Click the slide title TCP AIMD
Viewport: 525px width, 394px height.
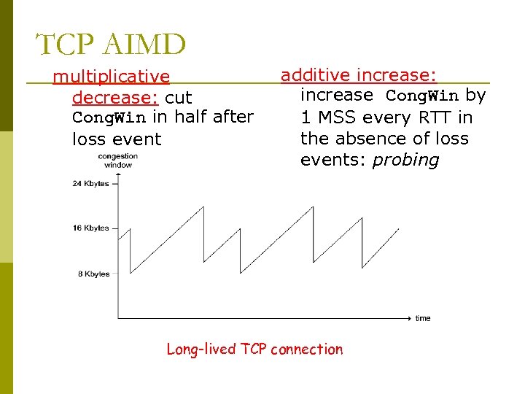tap(111, 45)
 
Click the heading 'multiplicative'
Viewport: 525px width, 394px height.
tap(111, 77)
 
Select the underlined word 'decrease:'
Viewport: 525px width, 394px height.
tap(116, 97)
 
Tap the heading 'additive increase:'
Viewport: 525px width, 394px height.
tap(359, 74)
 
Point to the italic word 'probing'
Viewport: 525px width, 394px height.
tap(405, 161)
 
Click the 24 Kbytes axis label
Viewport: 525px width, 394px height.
tap(90, 184)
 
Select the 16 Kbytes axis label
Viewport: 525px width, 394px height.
tap(90, 228)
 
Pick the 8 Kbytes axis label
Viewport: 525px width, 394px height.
tap(93, 274)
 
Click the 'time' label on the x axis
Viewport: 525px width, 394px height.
tap(423, 318)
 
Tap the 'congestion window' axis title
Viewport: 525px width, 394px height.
tap(117, 161)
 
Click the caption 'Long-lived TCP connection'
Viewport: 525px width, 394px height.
tap(254, 349)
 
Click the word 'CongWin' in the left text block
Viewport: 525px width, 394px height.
tap(109, 117)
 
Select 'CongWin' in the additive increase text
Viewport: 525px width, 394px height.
tap(421, 96)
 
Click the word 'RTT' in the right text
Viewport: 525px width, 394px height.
tap(435, 117)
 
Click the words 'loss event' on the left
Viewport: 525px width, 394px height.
tap(117, 139)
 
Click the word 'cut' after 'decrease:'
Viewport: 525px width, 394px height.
tap(179, 97)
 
